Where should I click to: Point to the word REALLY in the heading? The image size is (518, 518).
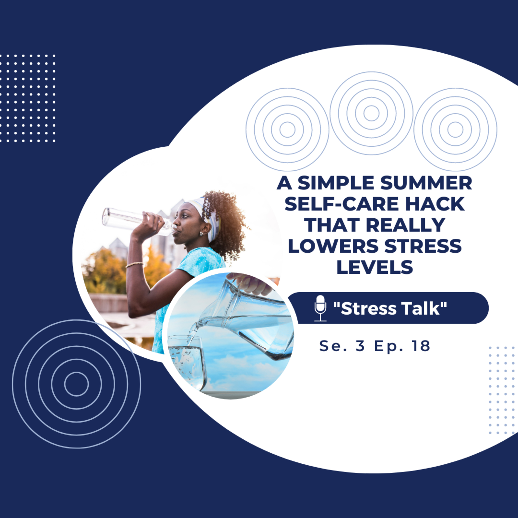click(405, 225)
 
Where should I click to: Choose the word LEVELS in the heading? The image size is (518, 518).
click(375, 267)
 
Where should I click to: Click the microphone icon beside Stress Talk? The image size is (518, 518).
click(320, 308)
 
